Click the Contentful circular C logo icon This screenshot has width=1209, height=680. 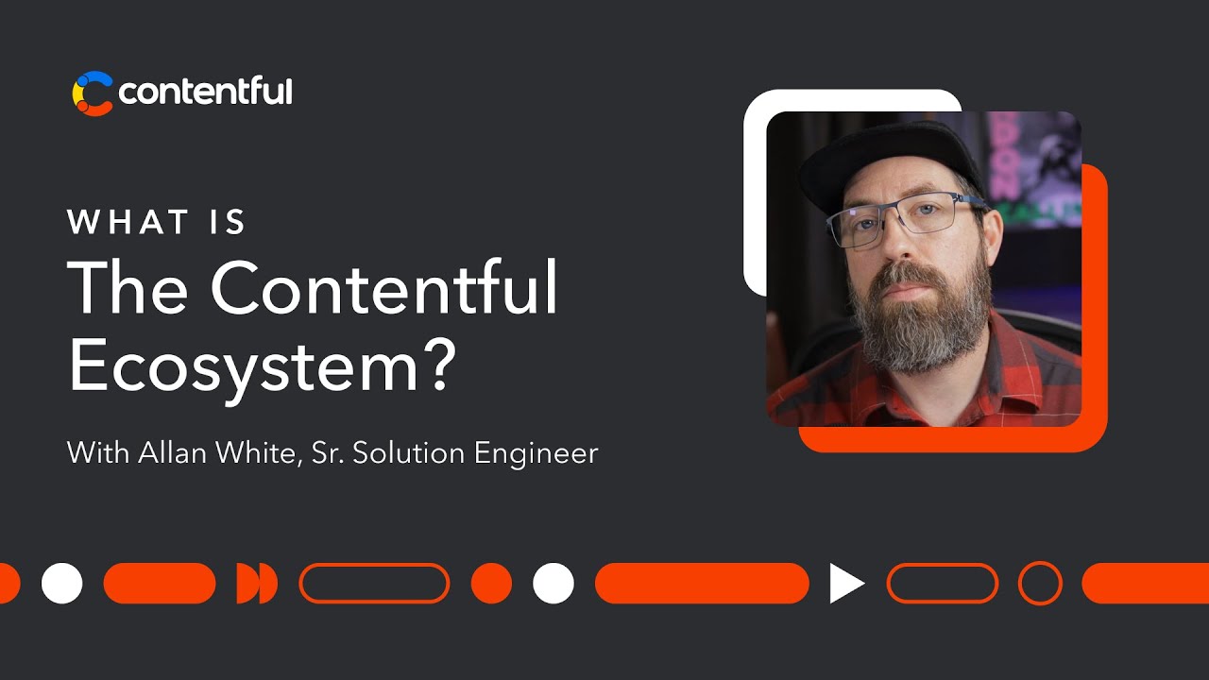[93, 93]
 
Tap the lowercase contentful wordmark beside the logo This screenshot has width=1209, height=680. [205, 93]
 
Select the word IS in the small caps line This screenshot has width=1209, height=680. [230, 223]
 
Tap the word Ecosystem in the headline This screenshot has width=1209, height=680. [241, 365]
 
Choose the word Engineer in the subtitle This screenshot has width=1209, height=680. [536, 452]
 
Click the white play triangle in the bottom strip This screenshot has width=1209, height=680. [846, 583]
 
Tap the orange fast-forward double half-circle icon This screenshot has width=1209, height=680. [257, 583]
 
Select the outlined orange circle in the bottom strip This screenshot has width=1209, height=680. [1040, 583]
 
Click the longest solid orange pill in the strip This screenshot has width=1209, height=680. [702, 583]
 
